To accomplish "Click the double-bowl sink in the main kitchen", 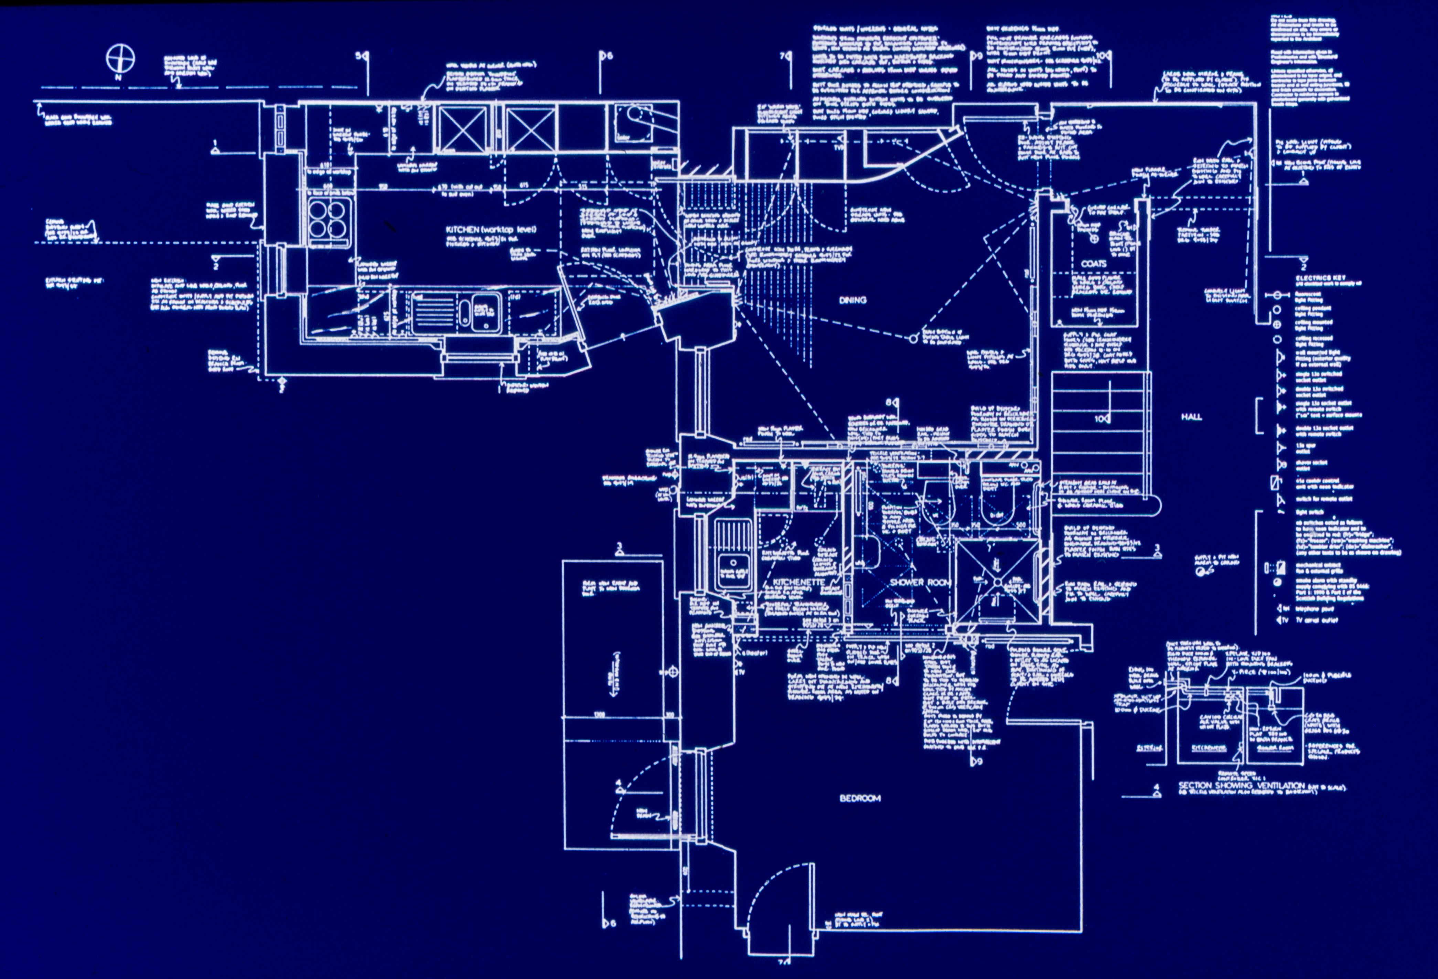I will point(457,312).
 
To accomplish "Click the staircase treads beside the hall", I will point(1100,433).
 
